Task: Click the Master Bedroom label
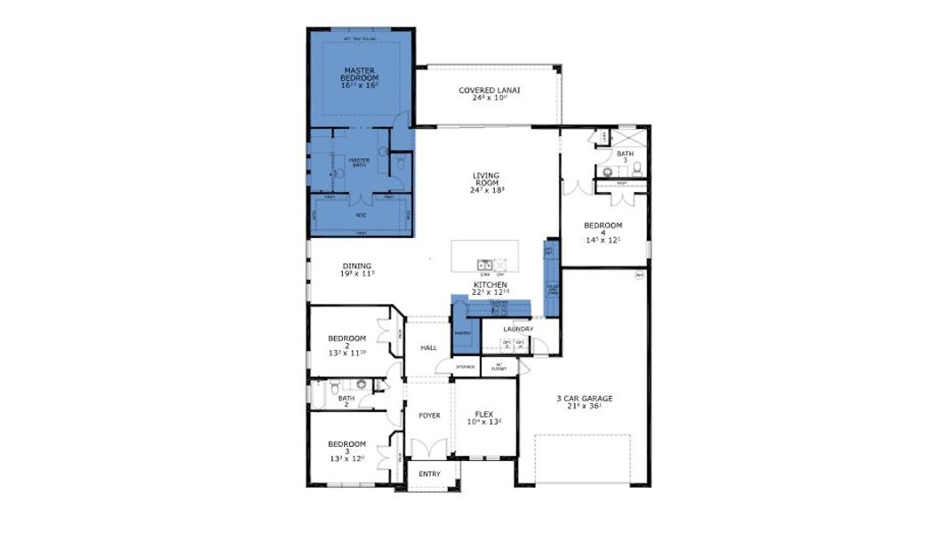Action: point(360,74)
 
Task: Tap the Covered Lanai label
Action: point(489,90)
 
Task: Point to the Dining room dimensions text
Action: point(356,274)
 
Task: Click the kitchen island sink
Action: point(485,264)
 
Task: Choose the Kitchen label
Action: point(490,284)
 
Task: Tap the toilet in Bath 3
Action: point(636,169)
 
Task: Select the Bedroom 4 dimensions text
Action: point(603,240)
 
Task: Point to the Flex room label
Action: point(483,414)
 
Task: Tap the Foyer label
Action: point(429,415)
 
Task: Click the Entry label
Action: point(429,473)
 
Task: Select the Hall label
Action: point(429,347)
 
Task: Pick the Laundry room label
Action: point(518,330)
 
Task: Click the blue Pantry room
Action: point(462,329)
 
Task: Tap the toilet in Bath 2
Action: point(332,386)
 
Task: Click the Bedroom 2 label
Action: point(347,338)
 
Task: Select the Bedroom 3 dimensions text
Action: point(347,458)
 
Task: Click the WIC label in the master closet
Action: point(361,214)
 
